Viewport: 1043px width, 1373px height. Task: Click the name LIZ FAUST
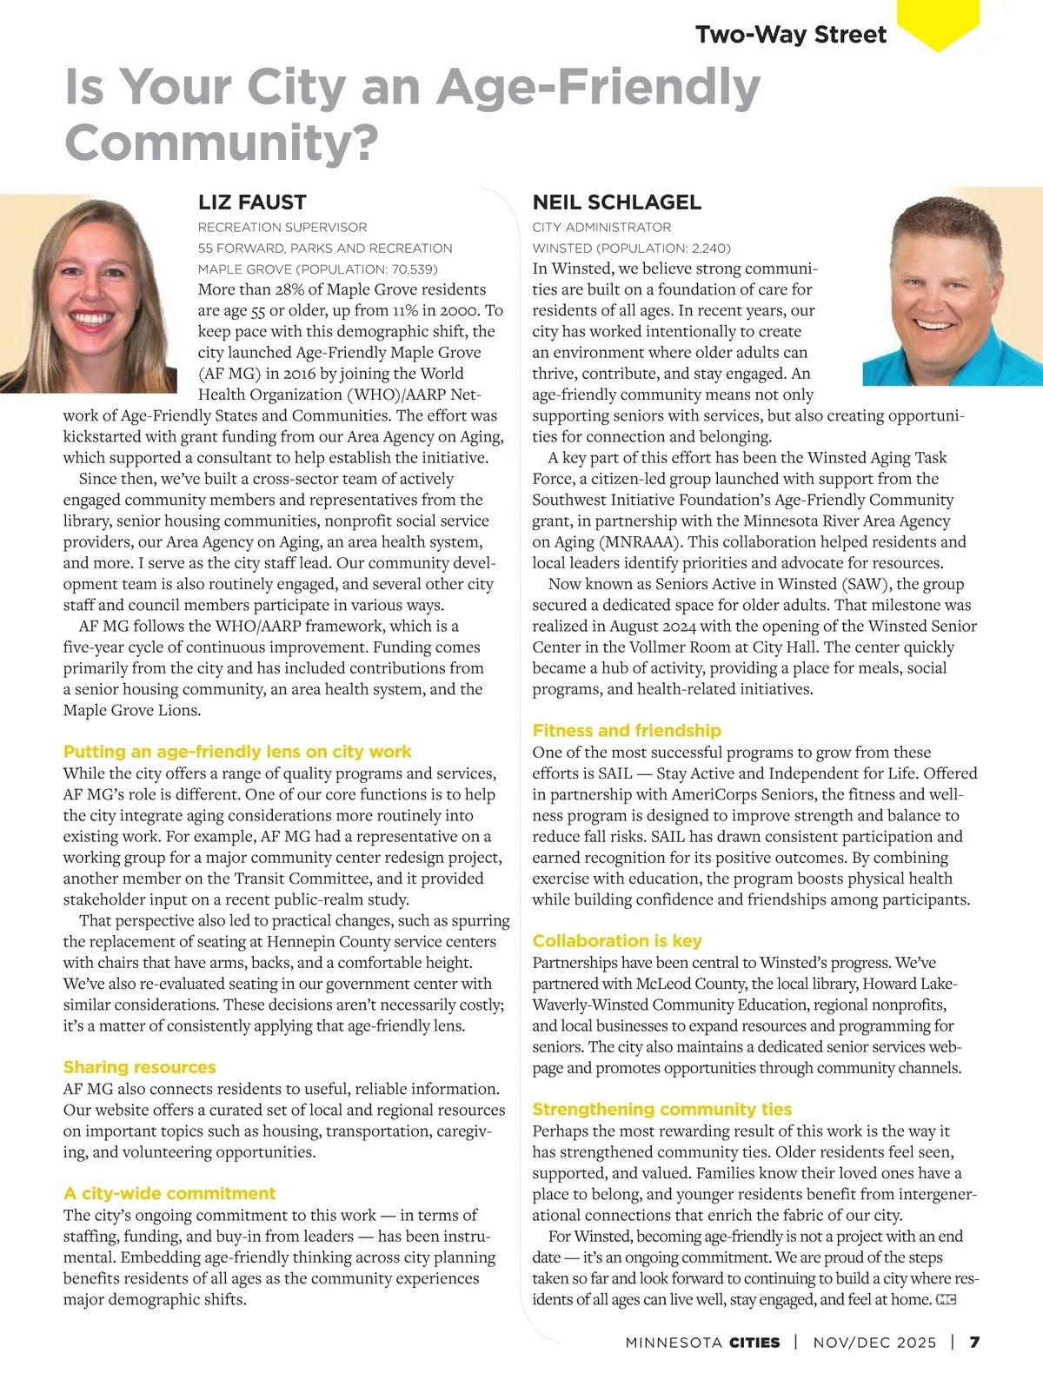click(252, 202)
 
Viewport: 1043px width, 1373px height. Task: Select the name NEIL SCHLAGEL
click(616, 202)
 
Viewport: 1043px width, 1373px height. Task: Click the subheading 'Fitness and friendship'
click(627, 731)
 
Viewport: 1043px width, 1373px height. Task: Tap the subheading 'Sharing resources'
click(139, 1067)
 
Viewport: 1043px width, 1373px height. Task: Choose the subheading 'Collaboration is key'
click(616, 941)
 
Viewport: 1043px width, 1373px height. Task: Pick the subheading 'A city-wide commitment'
click(169, 1193)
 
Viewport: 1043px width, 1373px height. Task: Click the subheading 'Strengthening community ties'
click(662, 1110)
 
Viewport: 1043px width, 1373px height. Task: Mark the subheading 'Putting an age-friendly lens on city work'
click(237, 752)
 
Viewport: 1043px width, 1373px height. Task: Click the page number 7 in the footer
click(975, 1343)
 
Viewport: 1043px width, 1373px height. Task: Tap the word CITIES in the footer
click(754, 1343)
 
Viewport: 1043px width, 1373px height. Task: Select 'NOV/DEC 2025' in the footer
click(874, 1343)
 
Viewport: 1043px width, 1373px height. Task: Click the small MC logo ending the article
click(946, 1300)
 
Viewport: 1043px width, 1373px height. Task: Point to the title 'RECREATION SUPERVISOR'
click(282, 228)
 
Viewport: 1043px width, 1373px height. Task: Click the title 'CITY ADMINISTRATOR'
click(601, 228)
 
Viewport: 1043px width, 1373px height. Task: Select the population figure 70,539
click(409, 269)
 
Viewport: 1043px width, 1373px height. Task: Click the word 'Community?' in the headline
click(222, 143)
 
